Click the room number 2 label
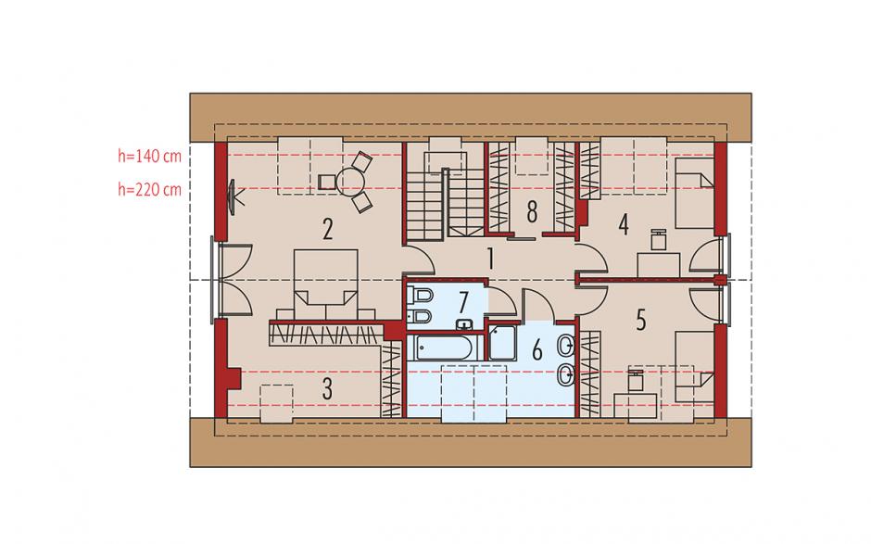click(x=328, y=229)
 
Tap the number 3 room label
click(x=328, y=388)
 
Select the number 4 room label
click(x=624, y=224)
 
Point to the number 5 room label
click(x=641, y=320)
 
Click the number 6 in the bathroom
click(x=536, y=350)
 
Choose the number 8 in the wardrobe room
click(x=532, y=211)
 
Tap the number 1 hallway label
click(x=490, y=259)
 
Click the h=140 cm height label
click(x=149, y=156)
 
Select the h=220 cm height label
click(x=149, y=189)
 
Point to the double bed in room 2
click(x=325, y=285)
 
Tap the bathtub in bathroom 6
click(x=442, y=348)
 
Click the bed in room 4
click(x=694, y=194)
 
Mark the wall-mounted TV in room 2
click(x=234, y=196)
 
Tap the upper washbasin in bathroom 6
click(x=565, y=348)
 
